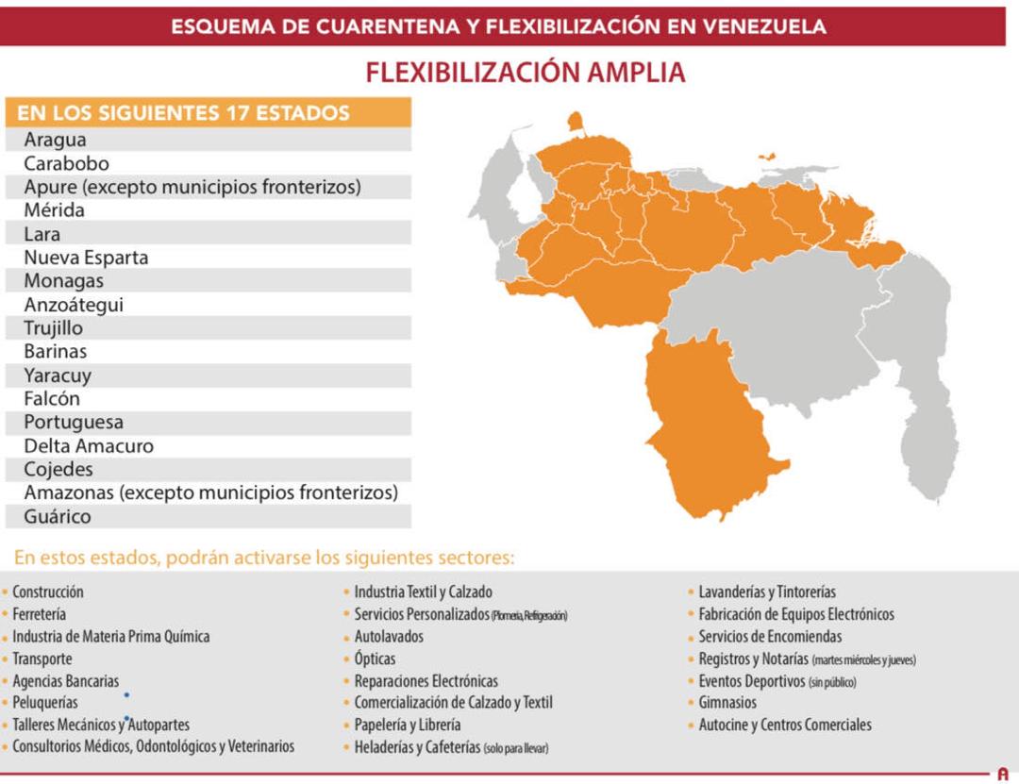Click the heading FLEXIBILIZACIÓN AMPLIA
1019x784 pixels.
525,73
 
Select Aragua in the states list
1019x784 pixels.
55,140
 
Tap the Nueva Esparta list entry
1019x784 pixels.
86,258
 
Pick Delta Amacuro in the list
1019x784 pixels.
89,445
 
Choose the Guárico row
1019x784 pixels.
58,516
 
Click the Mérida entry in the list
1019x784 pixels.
54,210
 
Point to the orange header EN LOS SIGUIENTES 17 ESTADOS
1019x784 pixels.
184,113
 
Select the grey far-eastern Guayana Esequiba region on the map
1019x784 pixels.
920,377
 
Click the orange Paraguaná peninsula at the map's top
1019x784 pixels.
575,123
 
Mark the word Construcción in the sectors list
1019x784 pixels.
48,592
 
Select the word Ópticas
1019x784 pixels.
375,659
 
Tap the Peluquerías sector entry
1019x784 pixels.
45,703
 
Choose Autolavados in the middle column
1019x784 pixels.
389,637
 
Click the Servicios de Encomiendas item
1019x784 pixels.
770,637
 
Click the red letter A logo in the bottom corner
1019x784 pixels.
1002,775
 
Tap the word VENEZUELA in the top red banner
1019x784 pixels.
764,26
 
